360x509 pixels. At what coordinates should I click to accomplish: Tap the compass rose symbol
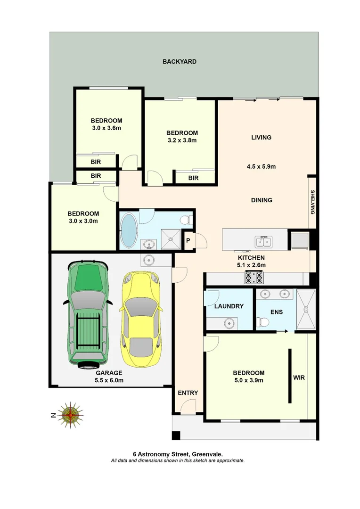[71, 415]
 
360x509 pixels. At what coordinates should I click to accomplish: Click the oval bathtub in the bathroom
[128, 230]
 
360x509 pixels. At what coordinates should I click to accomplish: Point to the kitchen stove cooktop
[254, 278]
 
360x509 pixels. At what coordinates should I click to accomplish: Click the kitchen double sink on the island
[263, 242]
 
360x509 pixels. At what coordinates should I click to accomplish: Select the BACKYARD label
[180, 62]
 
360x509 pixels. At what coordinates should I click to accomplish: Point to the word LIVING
[261, 138]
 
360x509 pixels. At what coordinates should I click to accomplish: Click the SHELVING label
[312, 202]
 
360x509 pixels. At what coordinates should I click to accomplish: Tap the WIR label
[299, 378]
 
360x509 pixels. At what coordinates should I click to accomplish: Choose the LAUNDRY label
[229, 306]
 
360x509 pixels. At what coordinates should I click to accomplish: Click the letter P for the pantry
[188, 240]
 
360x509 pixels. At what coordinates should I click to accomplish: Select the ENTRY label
[188, 393]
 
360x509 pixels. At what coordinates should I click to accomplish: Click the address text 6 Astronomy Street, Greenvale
[178, 454]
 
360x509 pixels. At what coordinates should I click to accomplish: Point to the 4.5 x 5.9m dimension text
[261, 166]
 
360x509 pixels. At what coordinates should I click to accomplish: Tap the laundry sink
[229, 323]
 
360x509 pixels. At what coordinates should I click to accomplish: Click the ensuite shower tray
[307, 309]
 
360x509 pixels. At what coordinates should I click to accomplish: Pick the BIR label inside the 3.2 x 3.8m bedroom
[193, 178]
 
